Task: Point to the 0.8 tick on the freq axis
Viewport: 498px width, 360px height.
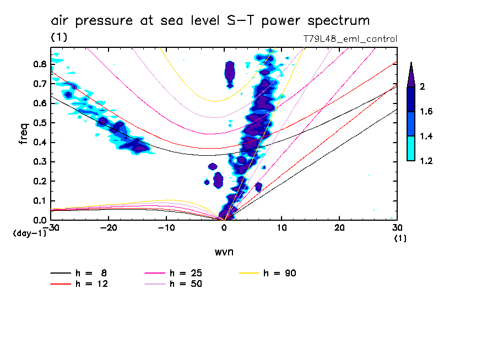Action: pyautogui.click(x=39, y=64)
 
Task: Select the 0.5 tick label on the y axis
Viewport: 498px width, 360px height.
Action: pyautogui.click(x=39, y=123)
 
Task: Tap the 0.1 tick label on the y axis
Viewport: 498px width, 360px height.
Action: pyautogui.click(x=39, y=201)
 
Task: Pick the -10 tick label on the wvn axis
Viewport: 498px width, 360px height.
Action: pyautogui.click(x=166, y=227)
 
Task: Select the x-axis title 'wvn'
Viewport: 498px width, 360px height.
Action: pyautogui.click(x=224, y=252)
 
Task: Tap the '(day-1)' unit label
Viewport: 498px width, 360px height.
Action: pyautogui.click(x=29, y=233)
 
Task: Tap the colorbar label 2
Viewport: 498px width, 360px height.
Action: pyautogui.click(x=422, y=86)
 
